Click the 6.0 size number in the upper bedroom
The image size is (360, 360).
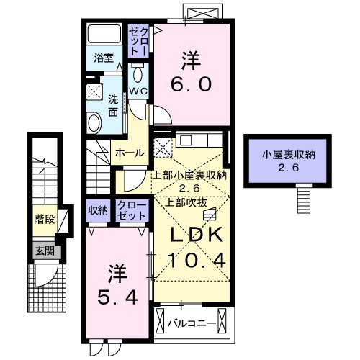click(x=191, y=85)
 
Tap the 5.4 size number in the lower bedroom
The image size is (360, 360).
click(x=118, y=294)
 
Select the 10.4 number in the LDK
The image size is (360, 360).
click(x=198, y=259)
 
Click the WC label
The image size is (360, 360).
click(x=138, y=91)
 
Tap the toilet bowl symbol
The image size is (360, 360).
click(x=138, y=75)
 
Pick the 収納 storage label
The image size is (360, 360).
click(x=99, y=210)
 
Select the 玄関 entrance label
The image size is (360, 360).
click(x=43, y=251)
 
